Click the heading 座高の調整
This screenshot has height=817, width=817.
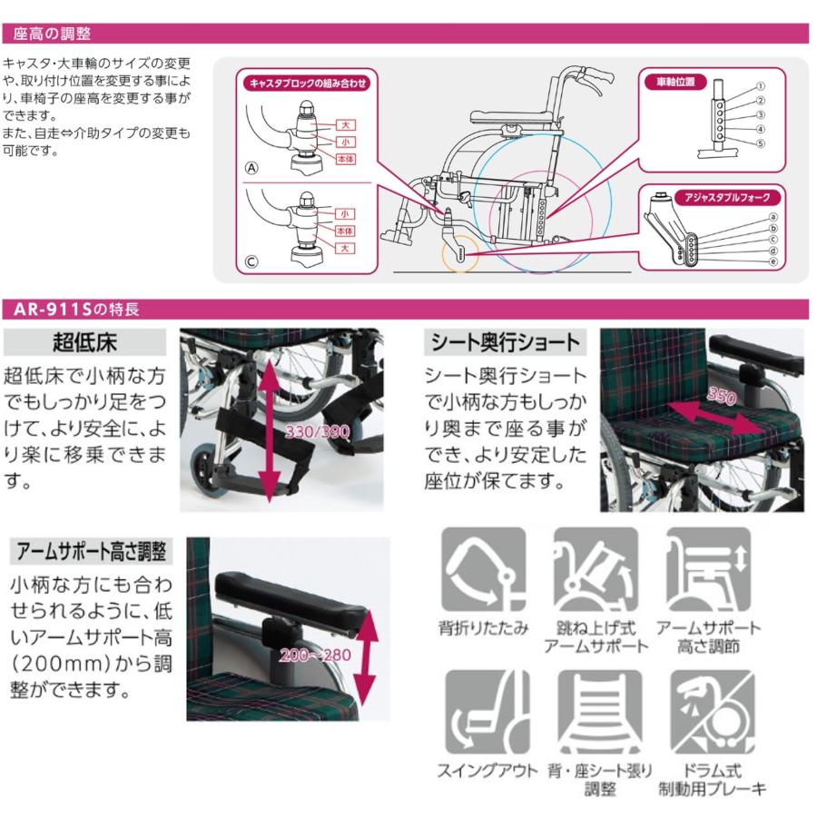point(52,34)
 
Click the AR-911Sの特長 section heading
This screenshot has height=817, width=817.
point(76,310)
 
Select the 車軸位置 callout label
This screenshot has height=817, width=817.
point(675,81)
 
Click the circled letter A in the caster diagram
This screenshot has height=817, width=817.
point(252,168)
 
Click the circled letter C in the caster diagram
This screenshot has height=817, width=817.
point(252,263)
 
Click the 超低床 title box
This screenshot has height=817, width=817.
point(85,342)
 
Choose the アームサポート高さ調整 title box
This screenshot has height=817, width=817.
point(91,551)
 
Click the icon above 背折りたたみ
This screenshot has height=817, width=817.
point(483,569)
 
